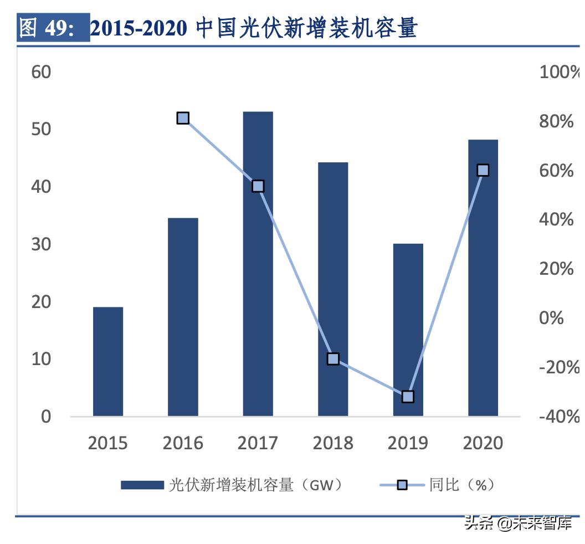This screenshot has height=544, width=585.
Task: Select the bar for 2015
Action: pos(108,361)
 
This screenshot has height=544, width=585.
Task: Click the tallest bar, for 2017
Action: pos(258,264)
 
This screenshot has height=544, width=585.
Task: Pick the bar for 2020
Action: pos(483,278)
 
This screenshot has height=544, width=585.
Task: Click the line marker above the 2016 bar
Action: pos(183,118)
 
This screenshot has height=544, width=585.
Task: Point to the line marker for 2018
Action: pos(333,358)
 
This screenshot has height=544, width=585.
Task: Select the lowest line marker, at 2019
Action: pos(408,396)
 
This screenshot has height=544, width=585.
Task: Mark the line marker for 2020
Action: pos(483,170)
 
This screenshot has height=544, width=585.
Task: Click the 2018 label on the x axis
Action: pos(333,443)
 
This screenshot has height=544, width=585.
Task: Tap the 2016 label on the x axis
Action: pos(183,443)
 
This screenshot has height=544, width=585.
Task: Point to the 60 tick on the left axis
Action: pos(42,72)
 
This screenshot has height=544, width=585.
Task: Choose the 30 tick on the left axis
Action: pos(42,244)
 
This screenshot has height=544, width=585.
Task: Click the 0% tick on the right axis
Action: pos(551,318)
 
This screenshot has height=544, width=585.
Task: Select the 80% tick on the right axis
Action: pos(556,121)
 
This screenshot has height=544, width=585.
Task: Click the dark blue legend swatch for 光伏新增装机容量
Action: pos(142,485)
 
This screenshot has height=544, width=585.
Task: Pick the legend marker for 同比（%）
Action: pos(402,485)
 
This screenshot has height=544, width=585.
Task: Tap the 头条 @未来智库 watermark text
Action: pos(518,522)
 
